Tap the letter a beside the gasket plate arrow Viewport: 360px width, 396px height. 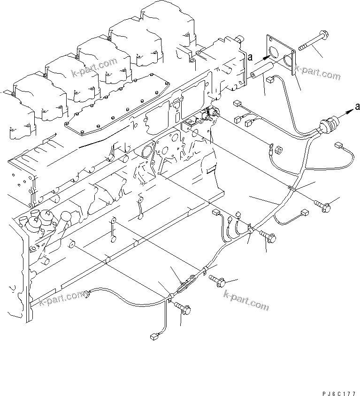click(x=250, y=57)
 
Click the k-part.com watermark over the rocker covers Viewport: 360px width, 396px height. click(x=95, y=67)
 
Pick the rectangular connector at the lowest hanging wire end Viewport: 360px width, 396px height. click(x=153, y=336)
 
